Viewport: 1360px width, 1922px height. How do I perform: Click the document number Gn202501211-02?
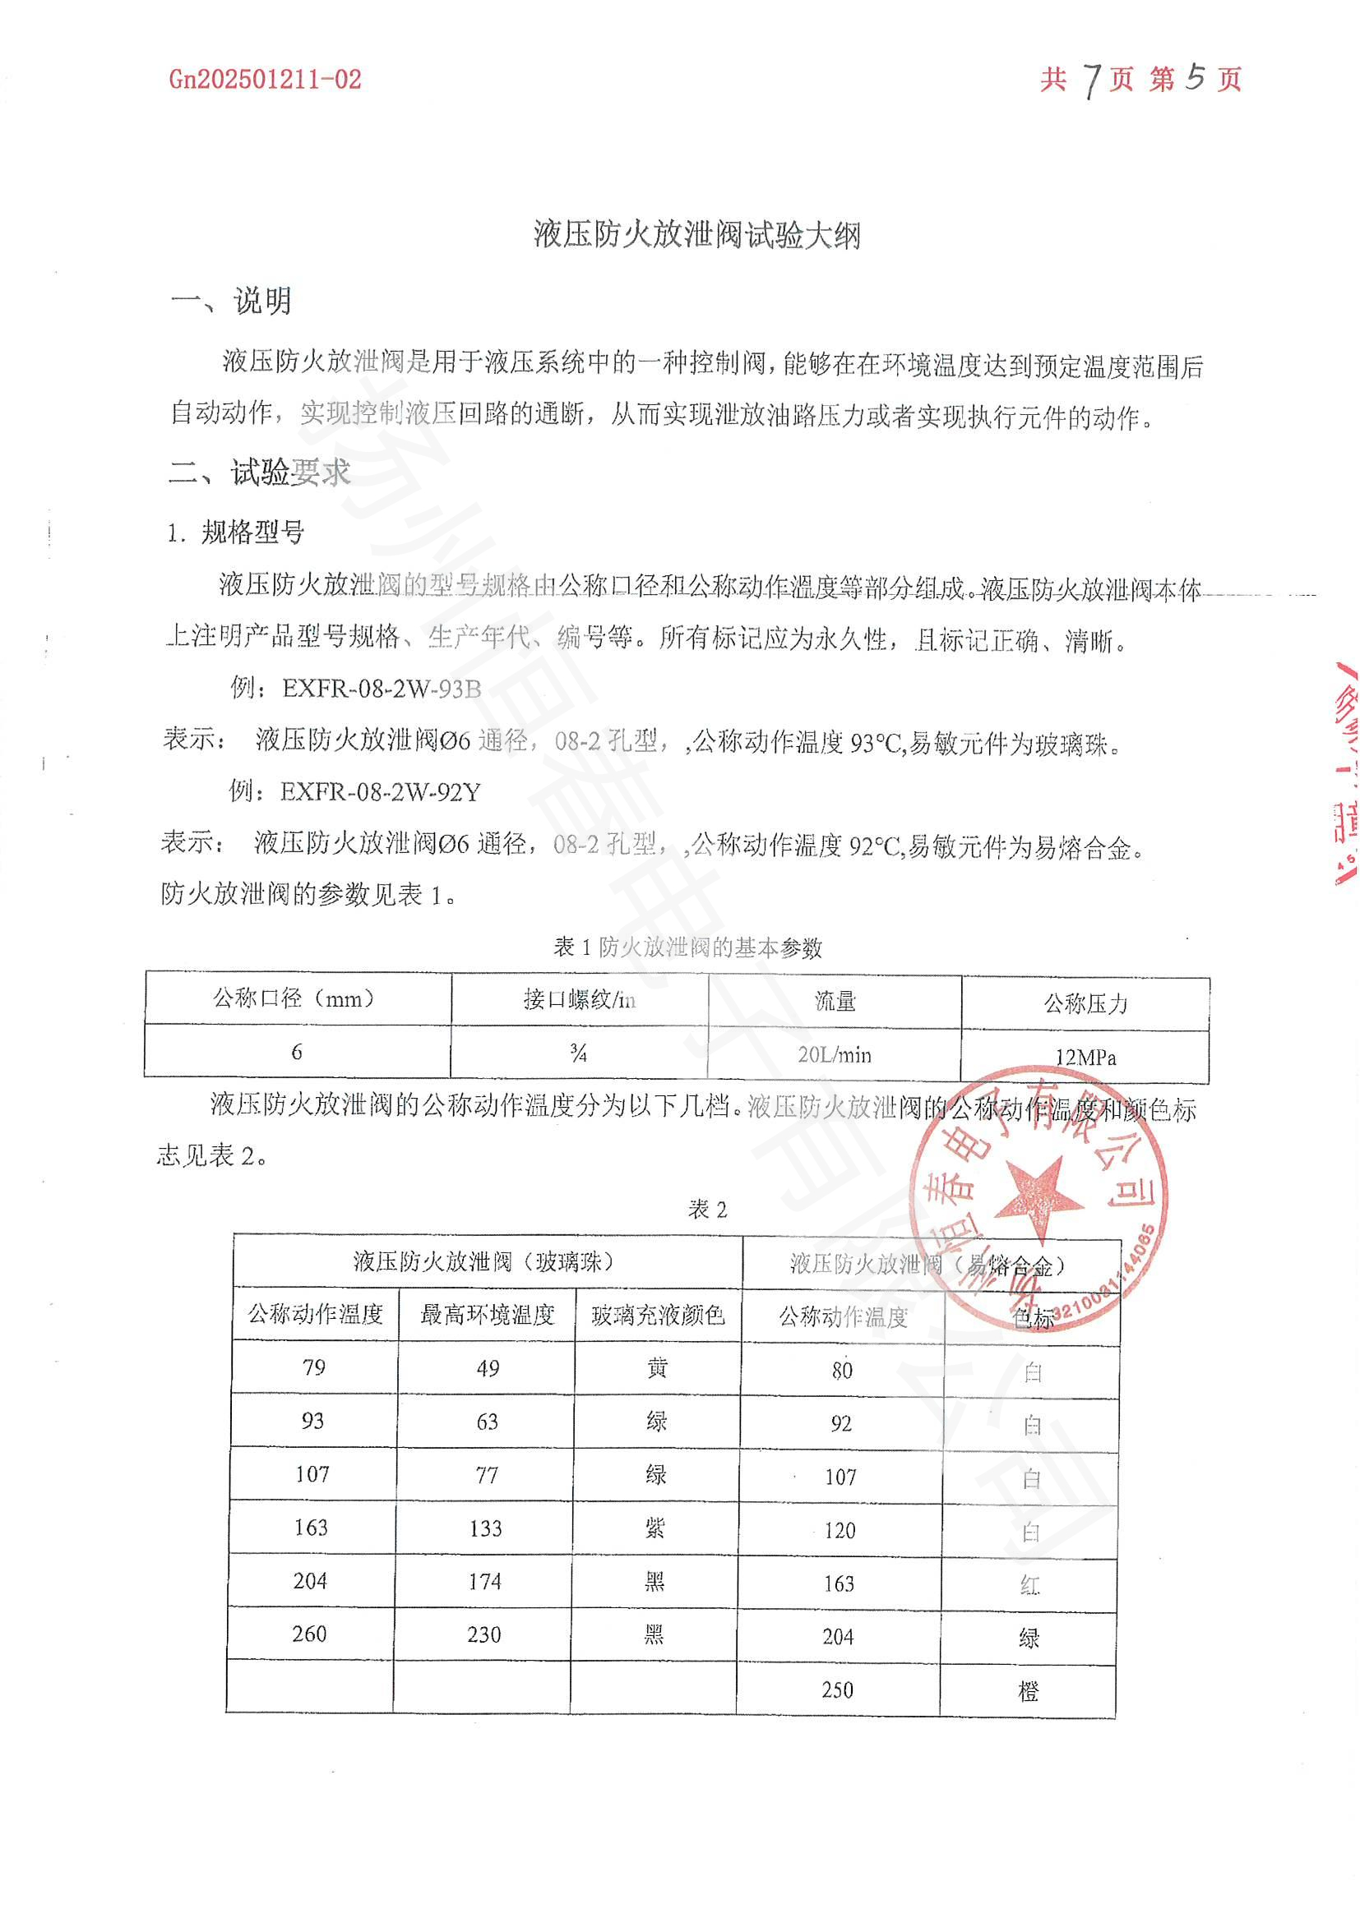pos(266,80)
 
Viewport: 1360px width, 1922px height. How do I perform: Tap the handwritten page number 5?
pos(1194,77)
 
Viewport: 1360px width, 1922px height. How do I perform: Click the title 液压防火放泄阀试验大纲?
pos(696,235)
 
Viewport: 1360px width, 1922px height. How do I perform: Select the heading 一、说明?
pos(231,302)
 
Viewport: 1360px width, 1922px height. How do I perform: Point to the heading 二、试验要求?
pos(260,473)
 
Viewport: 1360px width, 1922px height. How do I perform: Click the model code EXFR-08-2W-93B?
pos(382,689)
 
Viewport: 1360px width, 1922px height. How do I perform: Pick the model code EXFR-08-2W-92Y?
pos(380,792)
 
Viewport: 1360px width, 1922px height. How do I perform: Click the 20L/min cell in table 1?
pos(834,1055)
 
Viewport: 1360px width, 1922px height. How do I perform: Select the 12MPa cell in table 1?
pos(1085,1058)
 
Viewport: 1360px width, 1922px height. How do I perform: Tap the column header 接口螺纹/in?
pos(580,999)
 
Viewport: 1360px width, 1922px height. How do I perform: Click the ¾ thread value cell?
pos(578,1053)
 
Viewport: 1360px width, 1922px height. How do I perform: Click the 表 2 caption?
pos(708,1210)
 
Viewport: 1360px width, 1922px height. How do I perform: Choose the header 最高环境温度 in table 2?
pos(488,1315)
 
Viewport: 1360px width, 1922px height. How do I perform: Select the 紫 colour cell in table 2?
pos(655,1528)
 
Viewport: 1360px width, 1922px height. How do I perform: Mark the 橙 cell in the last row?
pos(1029,1692)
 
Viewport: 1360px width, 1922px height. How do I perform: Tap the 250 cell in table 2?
pos(837,1690)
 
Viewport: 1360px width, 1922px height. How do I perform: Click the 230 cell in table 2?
pos(484,1635)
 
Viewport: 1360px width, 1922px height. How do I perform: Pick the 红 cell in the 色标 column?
pos(1030,1584)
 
